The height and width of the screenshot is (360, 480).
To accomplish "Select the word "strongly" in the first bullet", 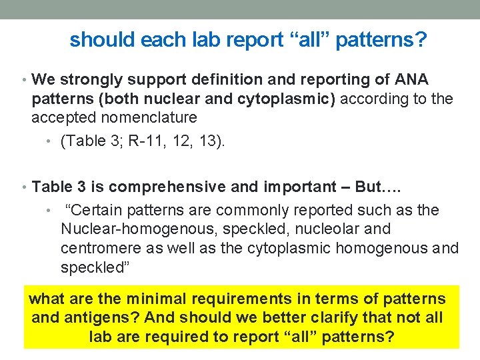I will pos(91,80).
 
